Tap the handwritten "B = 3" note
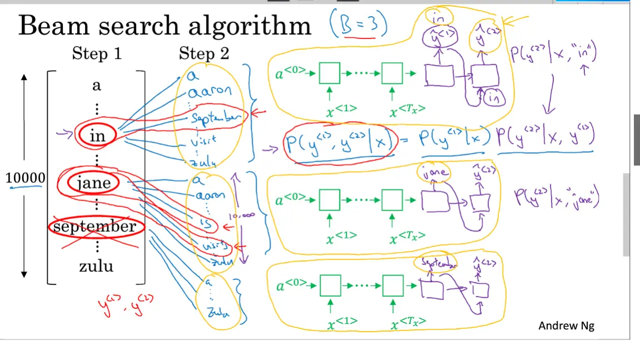[x=357, y=26]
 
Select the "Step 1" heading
[x=97, y=54]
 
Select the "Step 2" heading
[x=203, y=54]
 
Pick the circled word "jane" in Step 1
[x=94, y=183]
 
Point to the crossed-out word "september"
[x=94, y=226]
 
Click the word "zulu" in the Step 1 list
[x=96, y=266]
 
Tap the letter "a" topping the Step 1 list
[x=97, y=86]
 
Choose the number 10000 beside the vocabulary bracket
[x=25, y=178]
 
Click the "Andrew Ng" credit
[x=566, y=326]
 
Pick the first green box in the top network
[x=329, y=73]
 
